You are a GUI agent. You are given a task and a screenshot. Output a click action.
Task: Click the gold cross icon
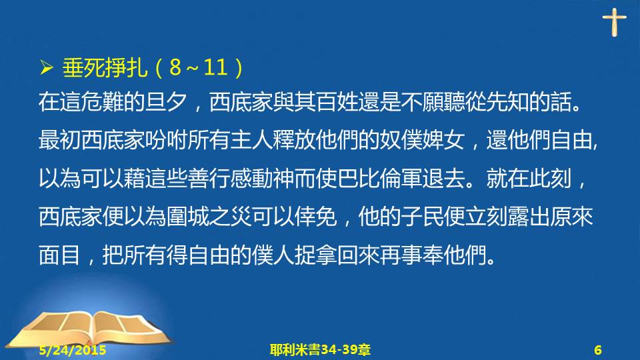pyautogui.click(x=614, y=22)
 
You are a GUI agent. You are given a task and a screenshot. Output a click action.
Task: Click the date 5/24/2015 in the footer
pyautogui.click(x=73, y=350)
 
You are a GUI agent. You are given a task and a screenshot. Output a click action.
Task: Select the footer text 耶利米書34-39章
pyautogui.click(x=321, y=350)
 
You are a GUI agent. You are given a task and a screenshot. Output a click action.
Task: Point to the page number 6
pyautogui.click(x=598, y=350)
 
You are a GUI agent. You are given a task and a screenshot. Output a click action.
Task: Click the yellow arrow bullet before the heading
pyautogui.click(x=47, y=67)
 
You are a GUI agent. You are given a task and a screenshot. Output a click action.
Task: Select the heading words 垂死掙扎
pyautogui.click(x=105, y=67)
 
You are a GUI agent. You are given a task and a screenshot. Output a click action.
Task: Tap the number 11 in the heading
pyautogui.click(x=215, y=67)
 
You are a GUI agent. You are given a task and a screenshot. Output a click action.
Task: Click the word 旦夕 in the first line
pyautogui.click(x=166, y=102)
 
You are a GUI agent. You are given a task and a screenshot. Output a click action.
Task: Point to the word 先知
pyautogui.click(x=507, y=102)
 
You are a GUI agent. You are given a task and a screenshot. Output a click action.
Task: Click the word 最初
pyautogui.click(x=60, y=140)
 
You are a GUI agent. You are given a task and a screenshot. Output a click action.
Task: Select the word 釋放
pyautogui.click(x=294, y=140)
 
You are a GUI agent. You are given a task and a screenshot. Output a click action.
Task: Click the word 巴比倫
pyautogui.click(x=369, y=179)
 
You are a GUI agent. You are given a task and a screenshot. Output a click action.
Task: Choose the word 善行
pyautogui.click(x=209, y=179)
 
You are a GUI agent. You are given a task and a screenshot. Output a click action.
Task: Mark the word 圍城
pyautogui.click(x=188, y=216)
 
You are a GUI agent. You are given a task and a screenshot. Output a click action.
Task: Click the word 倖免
pyautogui.click(x=315, y=216)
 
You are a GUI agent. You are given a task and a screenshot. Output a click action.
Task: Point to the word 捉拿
pyautogui.click(x=315, y=255)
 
